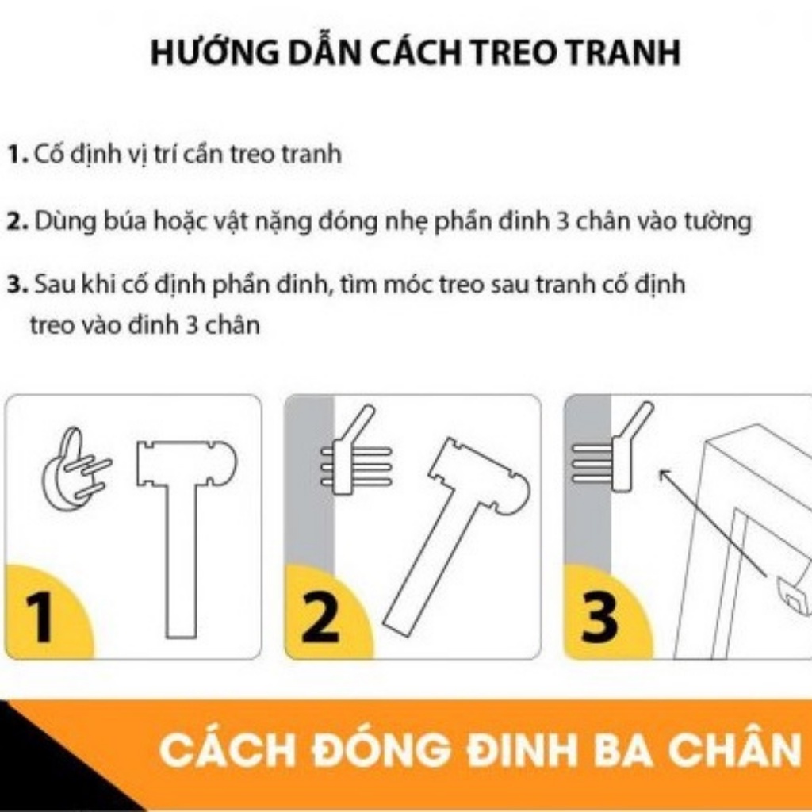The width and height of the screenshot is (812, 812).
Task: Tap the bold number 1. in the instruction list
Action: (18, 155)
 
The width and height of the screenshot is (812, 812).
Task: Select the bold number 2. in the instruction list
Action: (18, 222)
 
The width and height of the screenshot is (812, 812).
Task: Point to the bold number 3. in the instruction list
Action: (18, 285)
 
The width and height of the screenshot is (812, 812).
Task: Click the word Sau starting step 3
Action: (52, 285)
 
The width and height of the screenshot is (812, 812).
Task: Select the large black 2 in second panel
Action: (320, 618)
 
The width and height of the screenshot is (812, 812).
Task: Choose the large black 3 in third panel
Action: (599, 618)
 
